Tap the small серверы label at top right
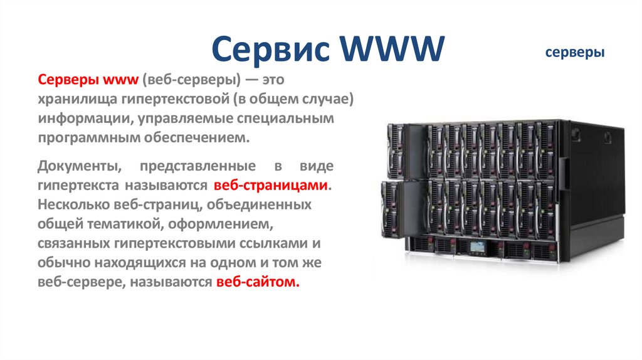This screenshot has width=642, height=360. pos(574,53)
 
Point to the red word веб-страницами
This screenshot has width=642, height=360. pos(270,186)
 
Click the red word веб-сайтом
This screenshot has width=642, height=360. pos(258,282)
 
